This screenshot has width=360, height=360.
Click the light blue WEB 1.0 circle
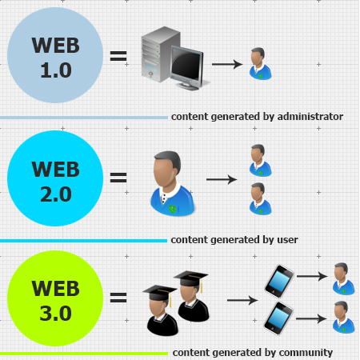pos(56,57)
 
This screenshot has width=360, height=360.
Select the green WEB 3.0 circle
pos(56,298)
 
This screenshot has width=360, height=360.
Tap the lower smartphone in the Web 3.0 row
pos(278,318)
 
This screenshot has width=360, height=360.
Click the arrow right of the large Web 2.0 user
pos(221,179)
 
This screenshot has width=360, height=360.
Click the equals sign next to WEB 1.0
pos(118,57)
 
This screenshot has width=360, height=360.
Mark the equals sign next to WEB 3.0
pos(118,298)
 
